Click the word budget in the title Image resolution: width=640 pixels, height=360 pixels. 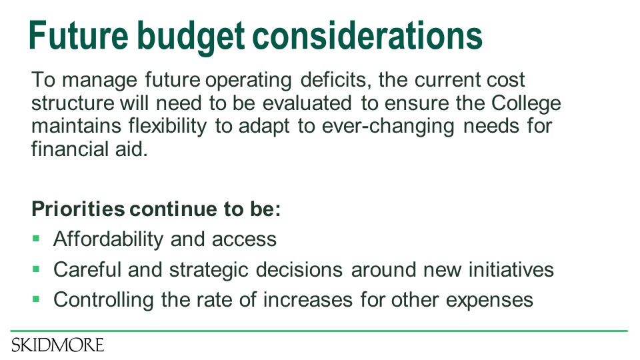pos(191,36)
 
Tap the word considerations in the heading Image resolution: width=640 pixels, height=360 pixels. pos(367,35)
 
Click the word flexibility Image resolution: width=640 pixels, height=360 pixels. pos(168,126)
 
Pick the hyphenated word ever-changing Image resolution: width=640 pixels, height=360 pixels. pos(388,127)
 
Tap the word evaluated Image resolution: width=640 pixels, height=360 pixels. pos(307,103)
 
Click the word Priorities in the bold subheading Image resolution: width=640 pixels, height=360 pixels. pos(78,209)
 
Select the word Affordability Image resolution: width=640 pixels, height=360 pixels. pos(108,239)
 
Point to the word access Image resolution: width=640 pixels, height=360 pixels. pos(244,240)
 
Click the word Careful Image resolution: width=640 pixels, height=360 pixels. pos(87,269)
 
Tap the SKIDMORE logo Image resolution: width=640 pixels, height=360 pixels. pos(57,345)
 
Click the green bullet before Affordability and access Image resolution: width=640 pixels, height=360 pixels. pos(36,238)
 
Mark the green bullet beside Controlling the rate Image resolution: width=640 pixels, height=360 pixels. pos(36,299)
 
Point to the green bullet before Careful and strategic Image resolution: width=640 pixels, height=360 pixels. pos(36,269)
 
